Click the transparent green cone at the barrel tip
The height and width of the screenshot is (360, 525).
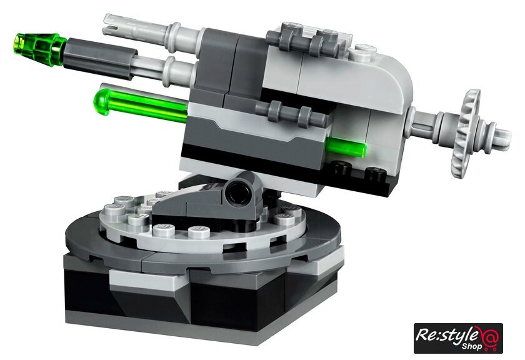39,49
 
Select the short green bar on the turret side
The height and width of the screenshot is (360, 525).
346,147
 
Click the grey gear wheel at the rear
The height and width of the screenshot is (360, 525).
465,133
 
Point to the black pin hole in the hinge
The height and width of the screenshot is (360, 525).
238,191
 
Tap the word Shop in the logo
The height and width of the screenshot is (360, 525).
472,346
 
